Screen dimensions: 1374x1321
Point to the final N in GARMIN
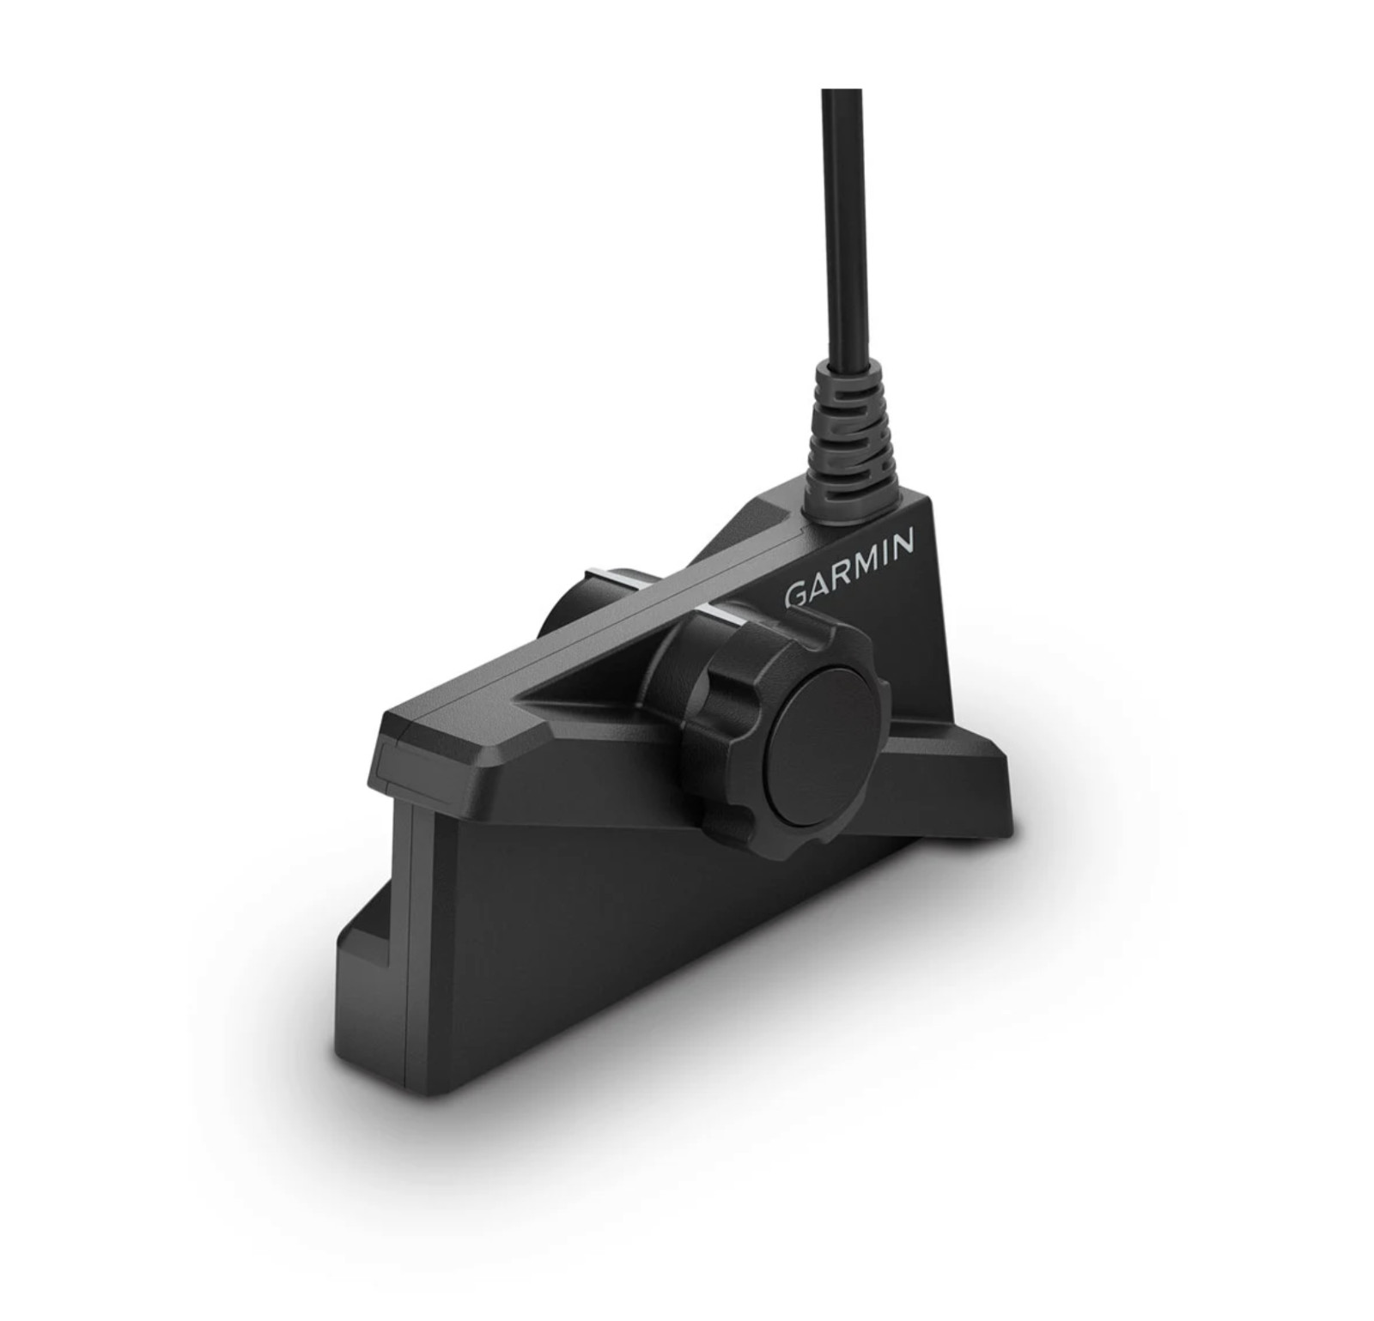coord(903,541)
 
